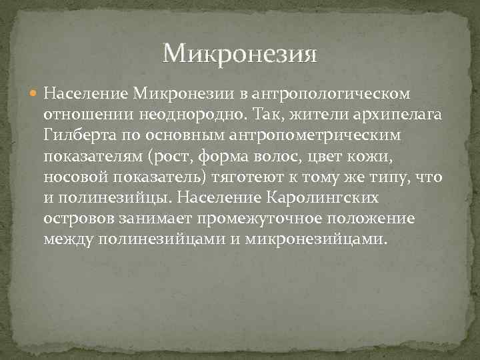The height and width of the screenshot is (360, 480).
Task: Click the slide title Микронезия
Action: coord(239,53)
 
